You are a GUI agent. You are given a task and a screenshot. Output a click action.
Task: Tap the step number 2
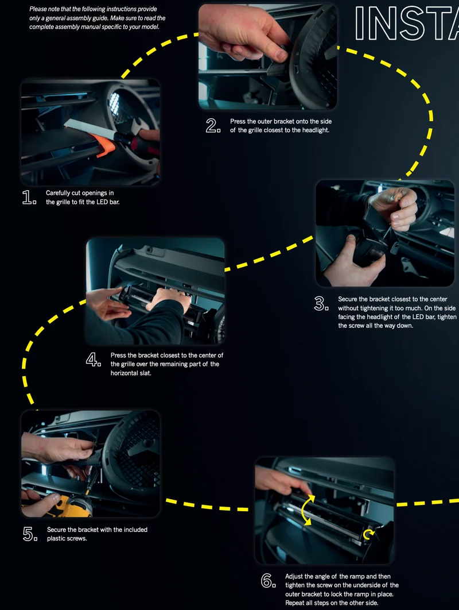(x=213, y=126)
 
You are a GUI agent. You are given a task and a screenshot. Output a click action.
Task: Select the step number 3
(x=321, y=303)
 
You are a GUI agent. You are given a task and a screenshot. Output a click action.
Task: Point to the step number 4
(x=94, y=360)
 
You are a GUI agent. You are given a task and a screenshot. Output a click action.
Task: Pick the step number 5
(x=30, y=534)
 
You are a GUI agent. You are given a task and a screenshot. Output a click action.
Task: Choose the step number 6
(x=268, y=581)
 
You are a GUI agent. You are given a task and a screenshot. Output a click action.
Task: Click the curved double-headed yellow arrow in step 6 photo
(x=306, y=509)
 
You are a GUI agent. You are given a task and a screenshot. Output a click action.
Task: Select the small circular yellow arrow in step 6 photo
(x=368, y=534)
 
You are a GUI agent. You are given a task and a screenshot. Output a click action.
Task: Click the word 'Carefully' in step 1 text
(x=58, y=193)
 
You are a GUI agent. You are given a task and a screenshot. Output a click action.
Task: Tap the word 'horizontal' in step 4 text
(x=125, y=373)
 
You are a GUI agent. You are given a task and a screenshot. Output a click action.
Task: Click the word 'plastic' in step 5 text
(x=57, y=538)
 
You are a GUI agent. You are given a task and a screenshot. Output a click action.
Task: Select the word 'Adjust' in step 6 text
(x=294, y=577)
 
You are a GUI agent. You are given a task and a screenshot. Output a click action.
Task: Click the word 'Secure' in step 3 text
(x=348, y=299)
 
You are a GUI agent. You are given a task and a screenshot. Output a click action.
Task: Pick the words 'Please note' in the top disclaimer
(x=44, y=9)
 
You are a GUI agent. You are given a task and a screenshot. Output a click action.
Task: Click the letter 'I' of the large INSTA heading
(x=360, y=23)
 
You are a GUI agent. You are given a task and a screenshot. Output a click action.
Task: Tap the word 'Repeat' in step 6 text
(x=295, y=603)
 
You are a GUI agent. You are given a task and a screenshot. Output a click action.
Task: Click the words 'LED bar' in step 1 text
(x=109, y=202)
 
